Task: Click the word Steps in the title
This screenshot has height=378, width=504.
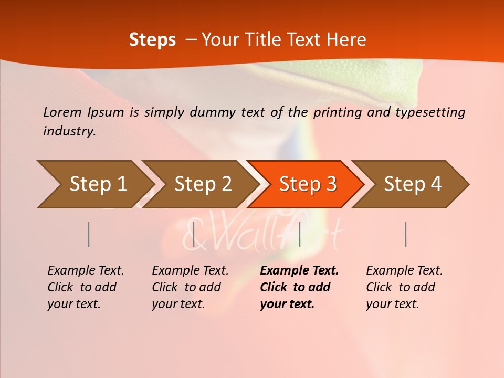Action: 152,40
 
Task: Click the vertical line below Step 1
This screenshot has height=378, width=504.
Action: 89,234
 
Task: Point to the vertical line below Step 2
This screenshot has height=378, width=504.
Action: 194,234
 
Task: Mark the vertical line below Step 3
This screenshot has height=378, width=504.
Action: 299,234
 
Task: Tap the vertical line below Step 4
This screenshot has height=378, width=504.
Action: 406,234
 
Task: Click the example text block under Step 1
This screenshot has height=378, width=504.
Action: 86,287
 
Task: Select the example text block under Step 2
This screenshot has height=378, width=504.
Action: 190,287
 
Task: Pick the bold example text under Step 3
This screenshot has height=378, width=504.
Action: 299,287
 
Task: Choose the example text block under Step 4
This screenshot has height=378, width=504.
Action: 404,287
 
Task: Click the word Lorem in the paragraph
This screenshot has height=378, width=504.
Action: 62,112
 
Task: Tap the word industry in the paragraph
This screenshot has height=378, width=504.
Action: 69,131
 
